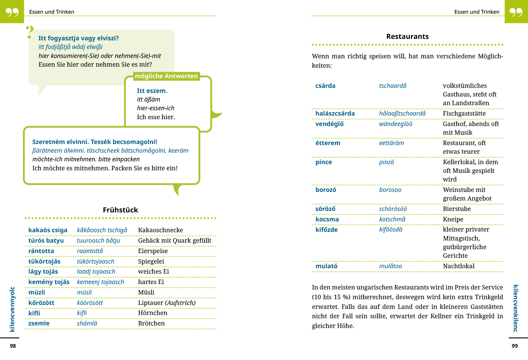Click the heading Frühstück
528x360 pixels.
point(120,210)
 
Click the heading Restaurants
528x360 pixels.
point(407,36)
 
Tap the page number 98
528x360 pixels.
point(13,346)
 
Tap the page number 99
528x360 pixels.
point(515,346)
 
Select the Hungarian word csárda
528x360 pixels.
point(325,86)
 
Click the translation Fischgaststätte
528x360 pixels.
point(464,113)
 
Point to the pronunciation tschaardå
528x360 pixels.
point(393,86)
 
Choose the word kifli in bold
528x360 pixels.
point(34,313)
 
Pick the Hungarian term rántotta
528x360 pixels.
point(41,251)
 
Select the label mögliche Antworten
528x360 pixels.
point(166,76)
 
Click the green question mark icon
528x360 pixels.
point(30,32)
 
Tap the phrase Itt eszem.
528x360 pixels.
point(152,91)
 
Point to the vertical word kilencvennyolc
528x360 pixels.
point(12,309)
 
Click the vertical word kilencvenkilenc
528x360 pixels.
point(516,308)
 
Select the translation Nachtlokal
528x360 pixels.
point(458,266)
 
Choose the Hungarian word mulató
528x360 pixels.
point(326,266)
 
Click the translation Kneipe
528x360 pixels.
point(453,219)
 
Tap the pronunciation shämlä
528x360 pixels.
point(87,323)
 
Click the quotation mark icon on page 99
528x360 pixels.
point(516,12)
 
